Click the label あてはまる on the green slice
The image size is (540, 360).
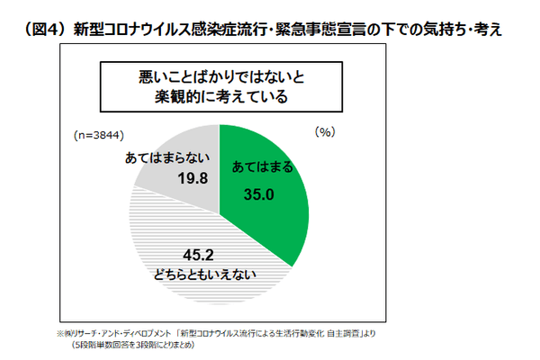[x=262, y=168]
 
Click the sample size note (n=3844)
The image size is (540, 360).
[x=98, y=135]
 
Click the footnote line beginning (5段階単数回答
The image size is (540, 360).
[x=130, y=344]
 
